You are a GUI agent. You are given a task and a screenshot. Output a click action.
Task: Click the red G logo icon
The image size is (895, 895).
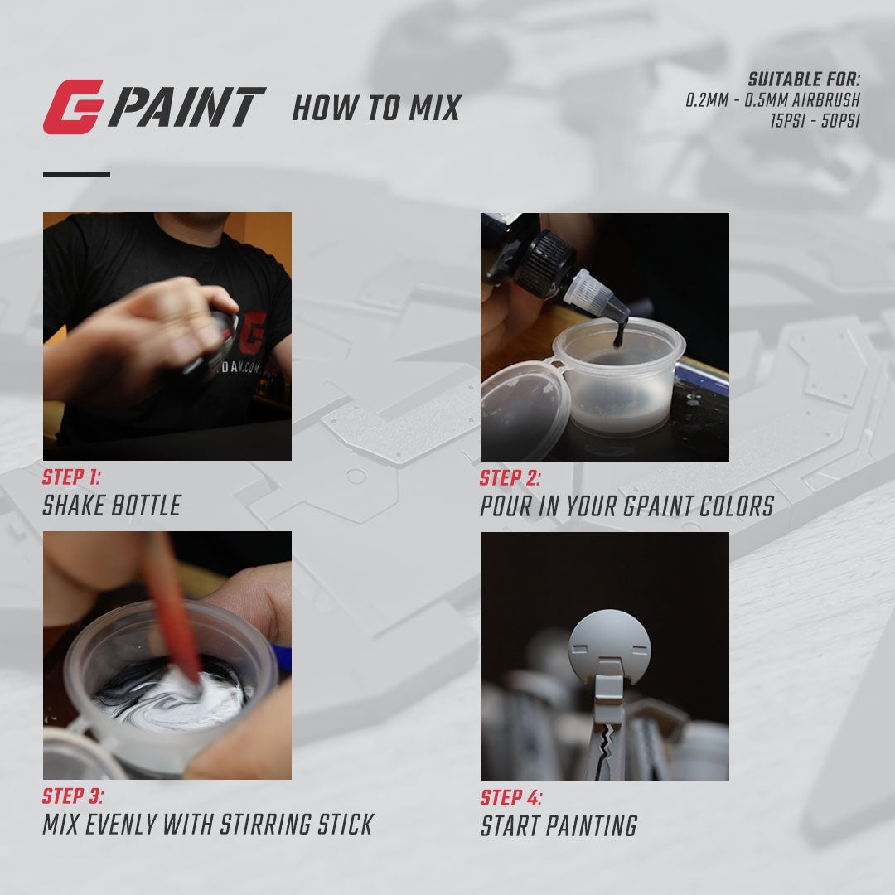[x=72, y=107]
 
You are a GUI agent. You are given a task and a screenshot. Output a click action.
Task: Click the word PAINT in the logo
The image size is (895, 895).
[x=186, y=108]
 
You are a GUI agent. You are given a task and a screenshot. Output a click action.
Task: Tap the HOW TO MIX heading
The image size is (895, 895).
[x=375, y=109]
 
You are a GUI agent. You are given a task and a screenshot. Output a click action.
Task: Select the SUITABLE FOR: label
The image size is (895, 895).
[x=804, y=80]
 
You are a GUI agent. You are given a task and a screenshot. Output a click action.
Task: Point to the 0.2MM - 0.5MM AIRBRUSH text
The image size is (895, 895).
[x=772, y=100]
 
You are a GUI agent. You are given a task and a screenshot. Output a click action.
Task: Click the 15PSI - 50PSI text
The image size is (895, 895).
[x=815, y=119]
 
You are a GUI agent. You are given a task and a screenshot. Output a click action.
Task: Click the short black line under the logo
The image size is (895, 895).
[x=76, y=174]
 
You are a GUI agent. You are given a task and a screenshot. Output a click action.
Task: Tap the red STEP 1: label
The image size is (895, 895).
[x=70, y=477]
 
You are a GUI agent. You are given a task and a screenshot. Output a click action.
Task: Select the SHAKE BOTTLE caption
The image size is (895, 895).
[x=111, y=506]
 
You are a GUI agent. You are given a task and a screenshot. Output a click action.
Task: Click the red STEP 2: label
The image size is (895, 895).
[x=509, y=478]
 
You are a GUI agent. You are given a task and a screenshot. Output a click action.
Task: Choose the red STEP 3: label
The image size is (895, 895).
[x=73, y=796]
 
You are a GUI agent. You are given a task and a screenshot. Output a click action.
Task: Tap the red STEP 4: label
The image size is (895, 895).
[x=511, y=798]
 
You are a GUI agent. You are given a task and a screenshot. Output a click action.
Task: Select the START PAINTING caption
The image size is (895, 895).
[x=559, y=826]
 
